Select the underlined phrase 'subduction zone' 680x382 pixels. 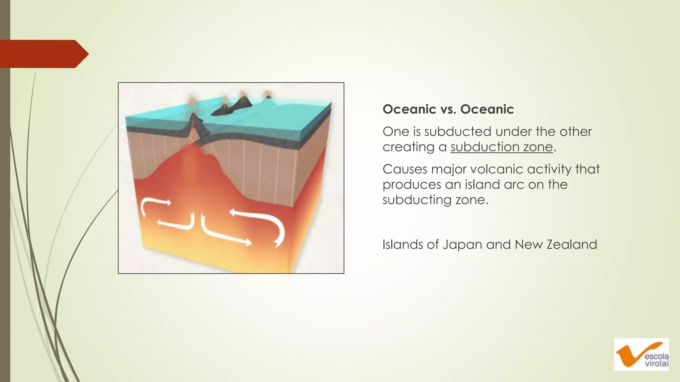[501, 147]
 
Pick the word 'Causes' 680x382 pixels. [404, 169]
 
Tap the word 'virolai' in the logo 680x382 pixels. [656, 364]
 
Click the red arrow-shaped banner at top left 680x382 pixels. [43, 54]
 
